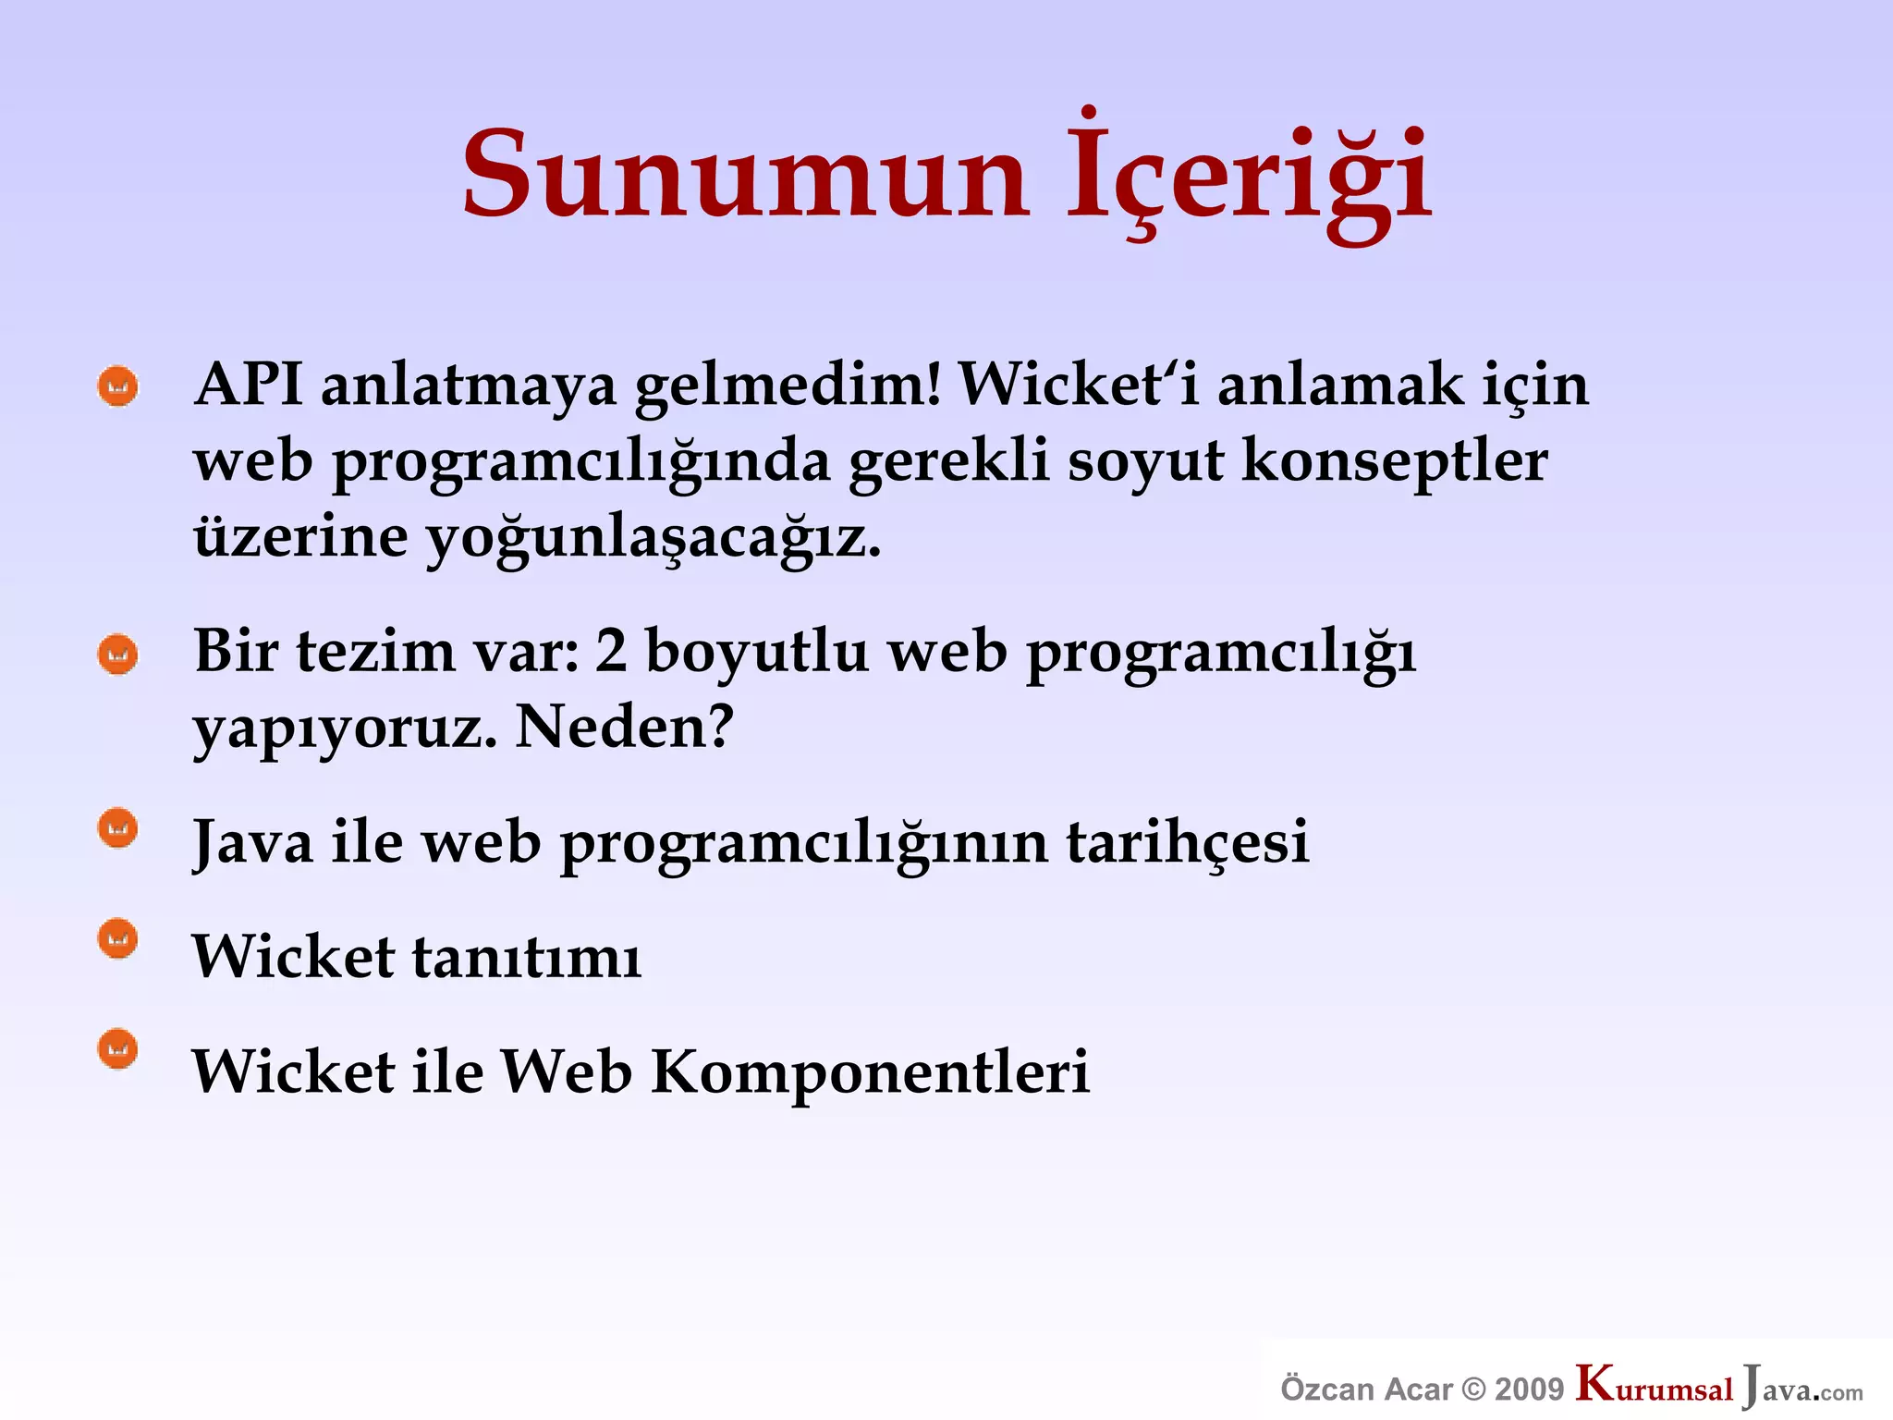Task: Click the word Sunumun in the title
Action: pos(745,176)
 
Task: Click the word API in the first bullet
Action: pos(248,384)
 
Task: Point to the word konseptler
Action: pos(1394,460)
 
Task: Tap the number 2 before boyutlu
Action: pos(611,651)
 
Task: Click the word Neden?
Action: pos(624,727)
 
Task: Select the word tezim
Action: pos(375,651)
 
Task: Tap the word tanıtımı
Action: pos(527,957)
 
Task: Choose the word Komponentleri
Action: pos(870,1071)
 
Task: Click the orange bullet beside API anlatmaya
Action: pos(118,386)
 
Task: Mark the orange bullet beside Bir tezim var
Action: pos(118,655)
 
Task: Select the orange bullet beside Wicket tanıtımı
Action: pos(118,939)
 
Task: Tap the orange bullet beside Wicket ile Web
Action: pos(118,1049)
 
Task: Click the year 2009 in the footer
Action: pos(1529,1389)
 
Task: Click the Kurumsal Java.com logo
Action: pos(1719,1387)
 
